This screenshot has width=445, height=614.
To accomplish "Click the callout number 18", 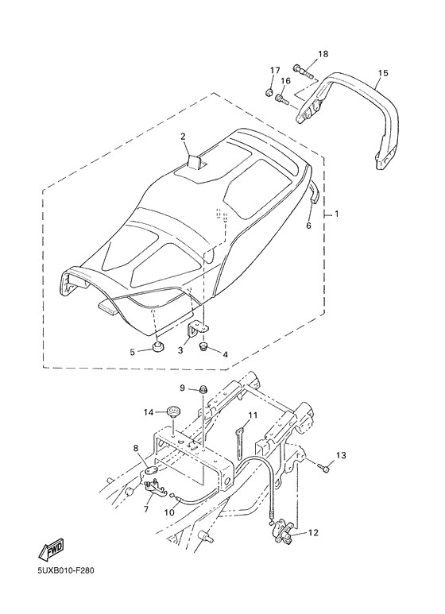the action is (323, 54).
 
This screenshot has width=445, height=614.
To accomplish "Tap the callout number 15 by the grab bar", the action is (383, 73).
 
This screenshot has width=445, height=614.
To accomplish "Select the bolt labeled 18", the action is (304, 71).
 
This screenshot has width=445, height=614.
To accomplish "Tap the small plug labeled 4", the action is (203, 346).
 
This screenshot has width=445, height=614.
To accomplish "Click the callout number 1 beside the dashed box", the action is (337, 214).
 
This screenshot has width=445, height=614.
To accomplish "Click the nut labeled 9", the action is (203, 389).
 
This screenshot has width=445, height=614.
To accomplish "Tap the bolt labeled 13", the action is (324, 466).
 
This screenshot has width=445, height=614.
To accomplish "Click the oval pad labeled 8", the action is (152, 471).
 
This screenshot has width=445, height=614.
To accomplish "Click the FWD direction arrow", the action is (51, 551).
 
